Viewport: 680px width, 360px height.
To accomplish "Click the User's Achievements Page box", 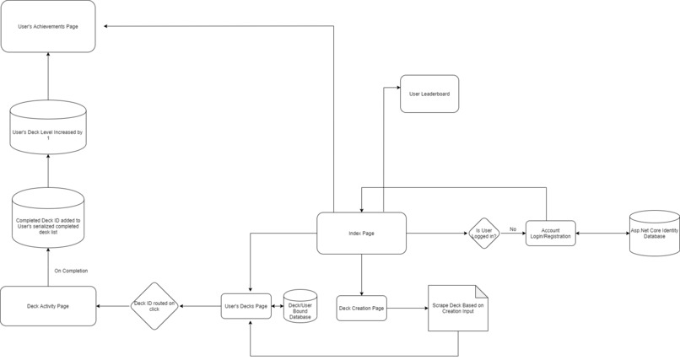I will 48,27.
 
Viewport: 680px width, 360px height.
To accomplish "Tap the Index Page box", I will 361,233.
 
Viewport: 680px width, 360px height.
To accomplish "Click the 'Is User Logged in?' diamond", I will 483,234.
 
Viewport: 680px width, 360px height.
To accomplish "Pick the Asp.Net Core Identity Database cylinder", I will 654,233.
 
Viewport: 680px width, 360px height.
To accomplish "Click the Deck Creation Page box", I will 361,308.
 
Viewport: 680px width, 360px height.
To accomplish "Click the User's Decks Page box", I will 246,305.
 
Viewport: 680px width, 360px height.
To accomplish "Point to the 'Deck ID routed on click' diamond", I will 154,305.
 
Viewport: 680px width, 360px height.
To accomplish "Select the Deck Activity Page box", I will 48,305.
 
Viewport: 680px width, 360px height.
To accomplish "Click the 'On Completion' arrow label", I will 71,271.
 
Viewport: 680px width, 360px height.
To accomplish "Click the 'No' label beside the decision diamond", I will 512,228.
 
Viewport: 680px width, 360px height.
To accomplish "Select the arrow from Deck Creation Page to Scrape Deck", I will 407,309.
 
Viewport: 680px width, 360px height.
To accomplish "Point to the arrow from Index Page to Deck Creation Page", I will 361,274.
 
